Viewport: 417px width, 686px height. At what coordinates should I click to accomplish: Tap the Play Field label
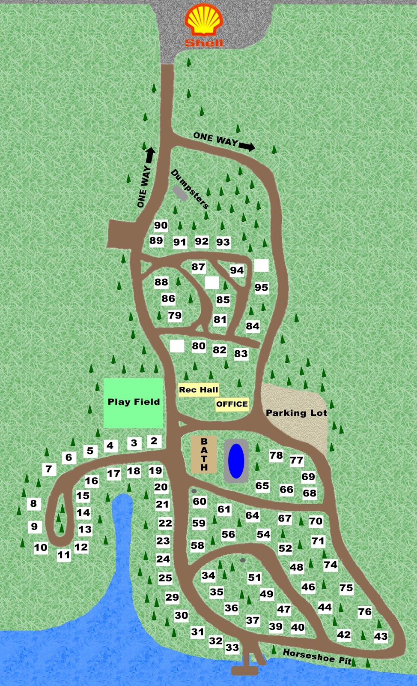coord(134,402)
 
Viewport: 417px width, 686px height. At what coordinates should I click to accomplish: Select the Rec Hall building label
coord(199,390)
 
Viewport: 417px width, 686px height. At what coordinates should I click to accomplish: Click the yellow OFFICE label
coord(232,404)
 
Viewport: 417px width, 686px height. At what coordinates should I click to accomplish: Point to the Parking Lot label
coord(296,413)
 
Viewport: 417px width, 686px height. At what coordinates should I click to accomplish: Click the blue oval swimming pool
coord(236,461)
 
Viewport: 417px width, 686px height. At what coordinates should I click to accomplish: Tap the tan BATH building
coord(204,454)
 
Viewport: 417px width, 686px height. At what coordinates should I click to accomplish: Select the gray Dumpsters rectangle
coord(180,193)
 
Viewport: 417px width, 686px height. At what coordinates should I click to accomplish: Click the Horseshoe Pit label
coord(317,656)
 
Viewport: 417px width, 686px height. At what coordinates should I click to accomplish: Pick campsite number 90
coord(161,226)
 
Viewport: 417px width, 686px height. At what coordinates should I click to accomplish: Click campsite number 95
coord(262,287)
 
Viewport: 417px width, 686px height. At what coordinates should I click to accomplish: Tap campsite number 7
coord(49,469)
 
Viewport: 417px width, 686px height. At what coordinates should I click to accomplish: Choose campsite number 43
coord(381,636)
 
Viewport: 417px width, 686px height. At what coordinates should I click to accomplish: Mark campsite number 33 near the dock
coord(232,647)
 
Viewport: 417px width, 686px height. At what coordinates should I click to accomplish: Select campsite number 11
coord(64,555)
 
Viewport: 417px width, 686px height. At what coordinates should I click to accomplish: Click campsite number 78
coord(276,455)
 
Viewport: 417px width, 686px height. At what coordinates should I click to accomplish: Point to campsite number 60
coord(200,501)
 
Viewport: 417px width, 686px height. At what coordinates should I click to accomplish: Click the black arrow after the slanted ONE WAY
coord(247,147)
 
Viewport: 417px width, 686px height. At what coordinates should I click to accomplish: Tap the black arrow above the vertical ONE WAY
coord(150,155)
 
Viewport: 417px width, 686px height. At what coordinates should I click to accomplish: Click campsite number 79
coord(175,316)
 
